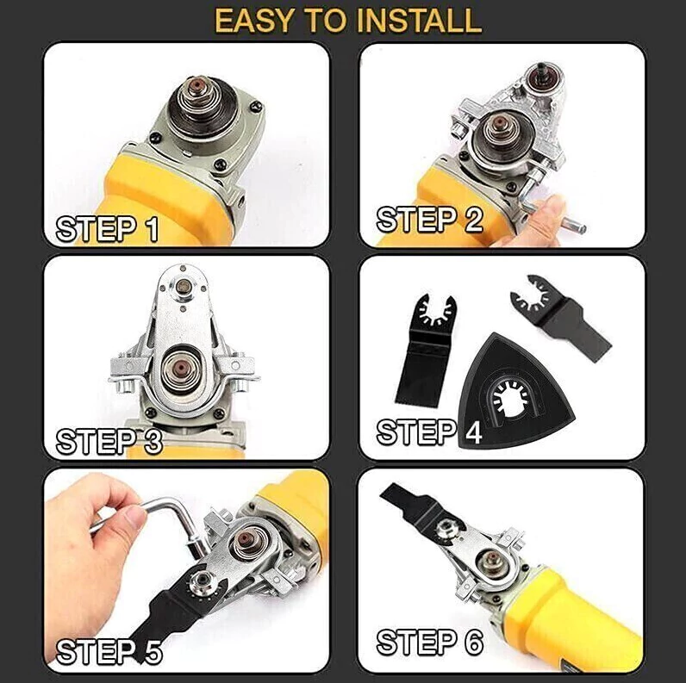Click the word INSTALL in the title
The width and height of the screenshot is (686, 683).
tap(419, 21)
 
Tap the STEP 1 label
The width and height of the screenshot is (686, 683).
tap(107, 229)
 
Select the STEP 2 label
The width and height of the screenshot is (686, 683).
tap(430, 220)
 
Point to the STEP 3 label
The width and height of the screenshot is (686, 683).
tap(109, 441)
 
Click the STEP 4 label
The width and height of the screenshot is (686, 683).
tap(429, 432)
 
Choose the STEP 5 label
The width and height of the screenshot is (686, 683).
tap(109, 652)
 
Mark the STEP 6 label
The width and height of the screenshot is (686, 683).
tap(430, 643)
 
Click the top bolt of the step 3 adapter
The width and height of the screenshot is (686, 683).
tap(183, 287)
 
